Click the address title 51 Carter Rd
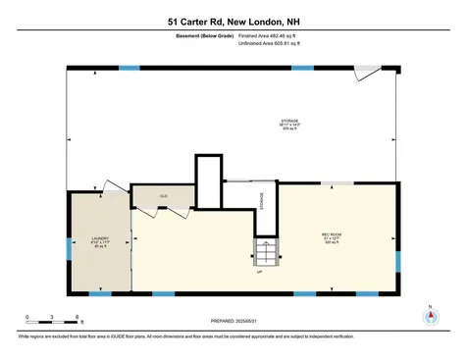tap(233, 20)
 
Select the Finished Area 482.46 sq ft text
tap(267, 36)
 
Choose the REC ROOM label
tap(332, 236)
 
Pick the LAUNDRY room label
tap(99, 240)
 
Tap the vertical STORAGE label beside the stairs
tap(261, 201)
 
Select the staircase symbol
tap(266, 251)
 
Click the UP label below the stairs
tap(259, 272)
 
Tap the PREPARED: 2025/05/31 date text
tap(233, 321)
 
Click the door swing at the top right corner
tap(369, 75)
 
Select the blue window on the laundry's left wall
tap(69, 250)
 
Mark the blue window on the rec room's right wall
tap(398, 260)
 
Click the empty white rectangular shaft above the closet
tap(208, 180)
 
